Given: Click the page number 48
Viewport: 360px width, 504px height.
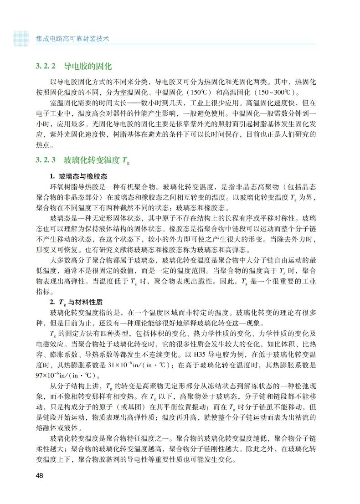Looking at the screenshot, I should pos(40,476).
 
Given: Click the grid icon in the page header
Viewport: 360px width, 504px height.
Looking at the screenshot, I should pos(21,39).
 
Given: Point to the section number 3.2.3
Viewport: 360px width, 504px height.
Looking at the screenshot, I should pos(46,160).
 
